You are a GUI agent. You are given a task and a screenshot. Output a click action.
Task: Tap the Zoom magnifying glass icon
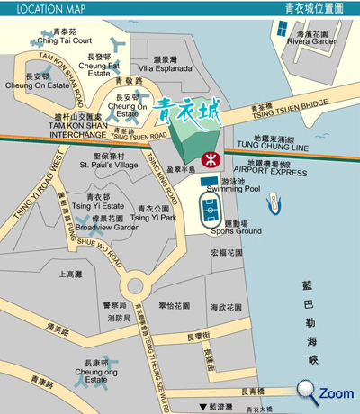[x=308, y=390]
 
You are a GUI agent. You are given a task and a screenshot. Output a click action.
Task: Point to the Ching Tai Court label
[x=64, y=40]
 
